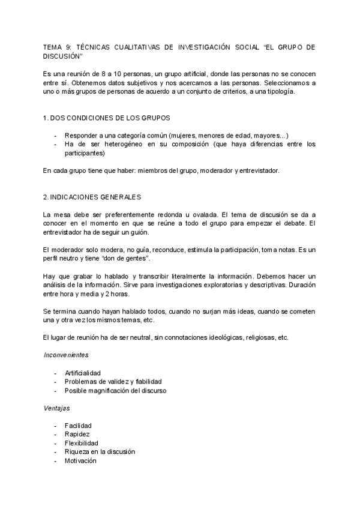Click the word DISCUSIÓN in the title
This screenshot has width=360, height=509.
pos(62,56)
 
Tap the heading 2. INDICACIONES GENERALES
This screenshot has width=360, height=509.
pos(92,197)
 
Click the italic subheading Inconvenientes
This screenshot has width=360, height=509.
pos(66,354)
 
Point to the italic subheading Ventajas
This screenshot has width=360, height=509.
pos(56,408)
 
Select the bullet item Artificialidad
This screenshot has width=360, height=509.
pos(83,372)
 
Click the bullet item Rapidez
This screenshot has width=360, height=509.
pos(78,434)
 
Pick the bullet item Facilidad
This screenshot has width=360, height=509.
pos(78,426)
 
